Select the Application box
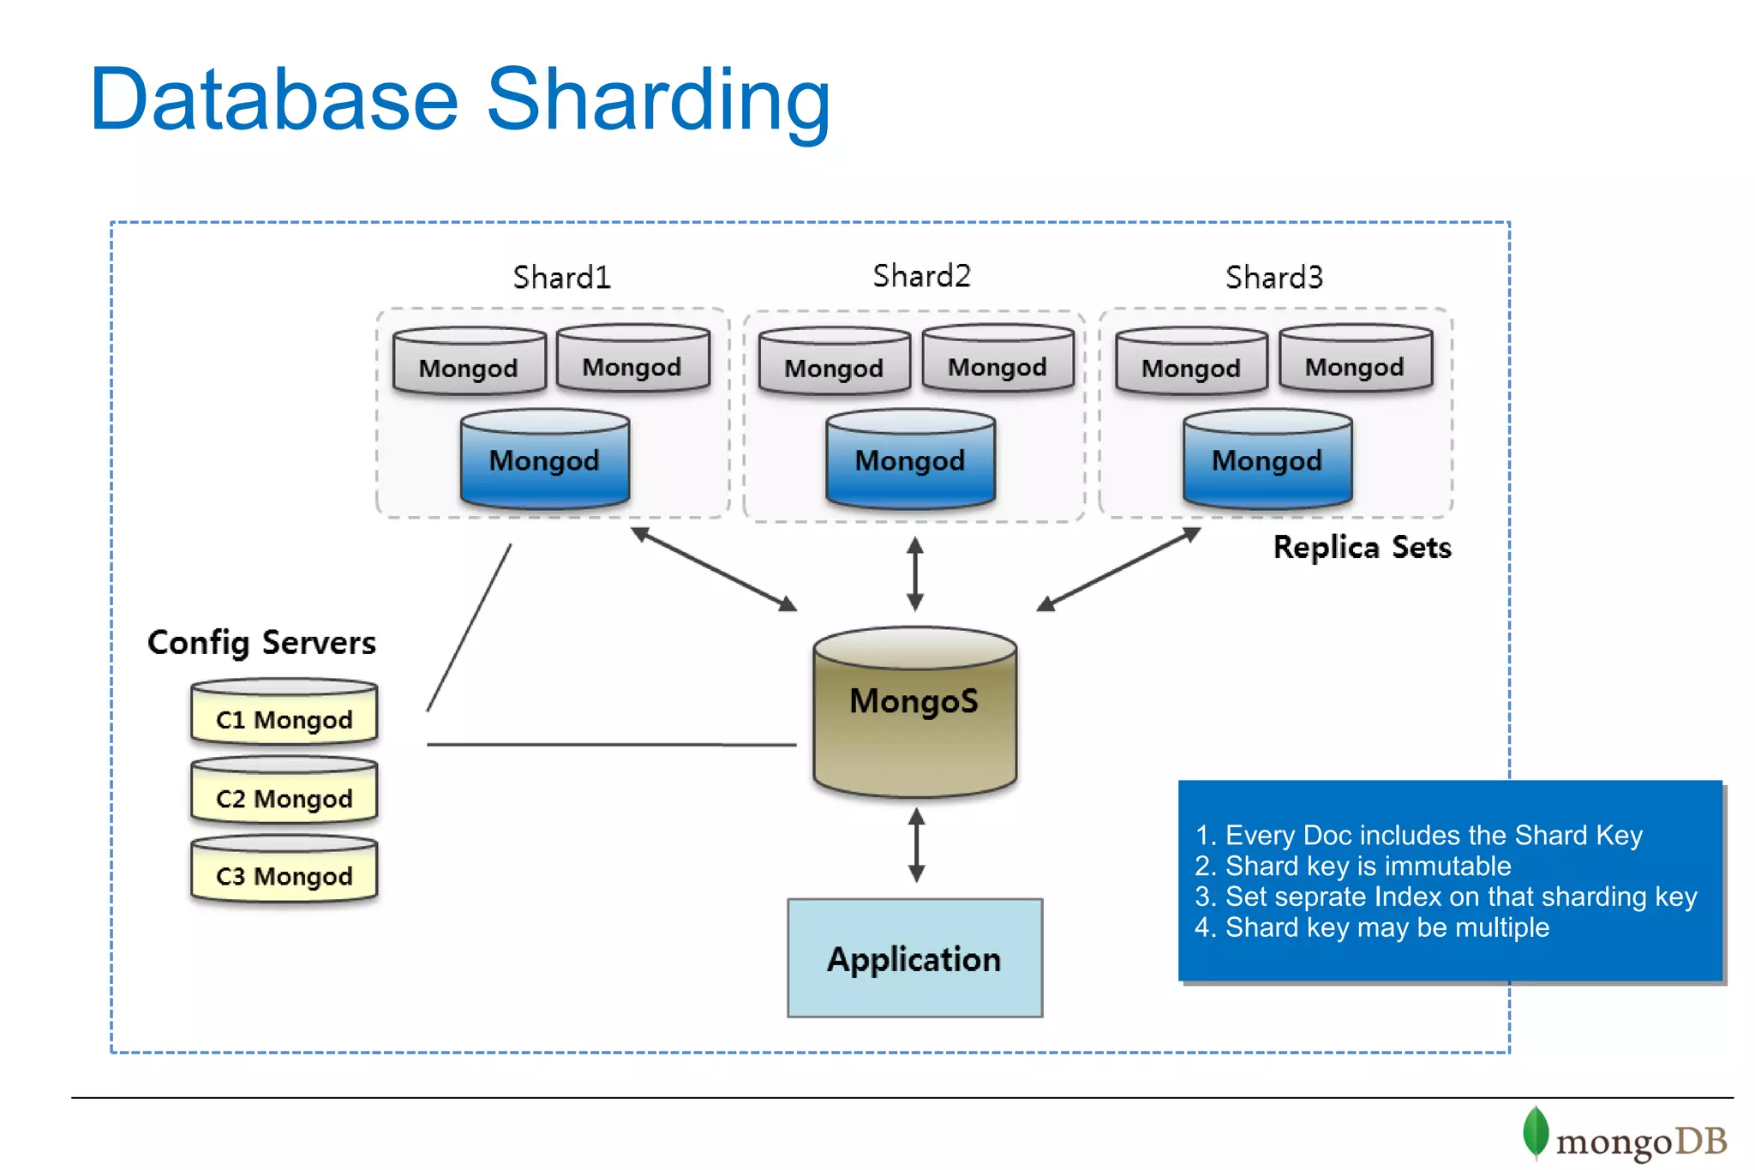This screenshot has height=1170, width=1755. [x=914, y=957]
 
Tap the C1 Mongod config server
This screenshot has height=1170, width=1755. [x=284, y=714]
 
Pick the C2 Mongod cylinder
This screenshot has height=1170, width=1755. [x=284, y=793]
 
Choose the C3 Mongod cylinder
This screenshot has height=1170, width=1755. [x=284, y=871]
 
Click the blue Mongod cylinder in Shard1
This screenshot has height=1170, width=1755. [x=544, y=460]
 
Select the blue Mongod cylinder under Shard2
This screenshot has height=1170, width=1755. [x=910, y=460]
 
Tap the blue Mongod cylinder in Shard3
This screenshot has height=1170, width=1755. [x=1267, y=460]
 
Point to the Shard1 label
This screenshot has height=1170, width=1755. [x=561, y=277]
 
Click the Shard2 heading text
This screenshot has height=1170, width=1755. [x=921, y=276]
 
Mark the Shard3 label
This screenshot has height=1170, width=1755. [x=1273, y=277]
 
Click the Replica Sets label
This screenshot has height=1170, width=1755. [x=1362, y=547]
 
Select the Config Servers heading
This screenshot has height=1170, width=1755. [x=261, y=642]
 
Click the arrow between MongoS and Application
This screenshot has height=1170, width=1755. [x=916, y=845]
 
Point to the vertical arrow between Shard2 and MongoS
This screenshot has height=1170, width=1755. [x=914, y=573]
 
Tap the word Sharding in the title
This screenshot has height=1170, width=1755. [x=658, y=100]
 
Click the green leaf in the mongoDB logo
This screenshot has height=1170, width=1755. [x=1535, y=1131]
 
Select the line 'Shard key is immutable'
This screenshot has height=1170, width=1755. [x=1368, y=866]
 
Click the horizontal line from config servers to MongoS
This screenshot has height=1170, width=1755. [x=611, y=745]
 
